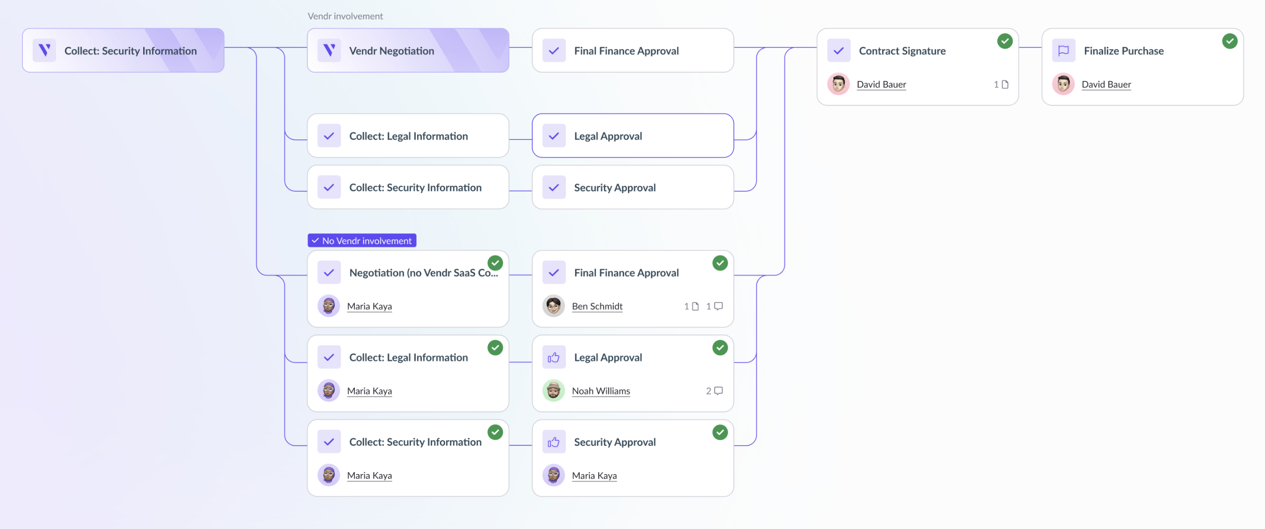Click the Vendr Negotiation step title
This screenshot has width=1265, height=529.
[391, 51]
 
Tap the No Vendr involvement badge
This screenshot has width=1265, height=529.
[362, 241]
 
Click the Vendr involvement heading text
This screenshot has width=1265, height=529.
[345, 16]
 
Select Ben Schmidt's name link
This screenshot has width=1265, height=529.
[597, 306]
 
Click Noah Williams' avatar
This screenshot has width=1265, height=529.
[553, 391]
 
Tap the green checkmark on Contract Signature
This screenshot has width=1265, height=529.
[1005, 41]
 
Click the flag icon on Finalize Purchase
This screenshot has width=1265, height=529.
[1063, 51]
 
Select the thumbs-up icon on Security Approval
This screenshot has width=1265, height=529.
[554, 442]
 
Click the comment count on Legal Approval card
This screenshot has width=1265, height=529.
[714, 391]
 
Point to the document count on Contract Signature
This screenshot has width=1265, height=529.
[1001, 85]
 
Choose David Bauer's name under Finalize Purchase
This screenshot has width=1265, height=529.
[1106, 85]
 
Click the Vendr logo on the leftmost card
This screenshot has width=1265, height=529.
[45, 50]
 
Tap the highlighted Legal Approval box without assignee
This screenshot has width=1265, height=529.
[632, 136]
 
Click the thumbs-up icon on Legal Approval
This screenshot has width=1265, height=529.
[554, 357]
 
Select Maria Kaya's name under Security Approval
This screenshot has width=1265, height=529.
[594, 476]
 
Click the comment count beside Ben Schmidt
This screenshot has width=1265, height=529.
[714, 306]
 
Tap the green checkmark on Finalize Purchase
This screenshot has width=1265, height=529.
[1229, 41]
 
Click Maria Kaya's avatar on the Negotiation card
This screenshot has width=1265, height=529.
[328, 306]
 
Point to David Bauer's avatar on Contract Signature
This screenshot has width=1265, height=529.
[838, 84]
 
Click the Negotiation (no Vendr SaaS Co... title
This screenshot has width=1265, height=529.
[423, 273]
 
